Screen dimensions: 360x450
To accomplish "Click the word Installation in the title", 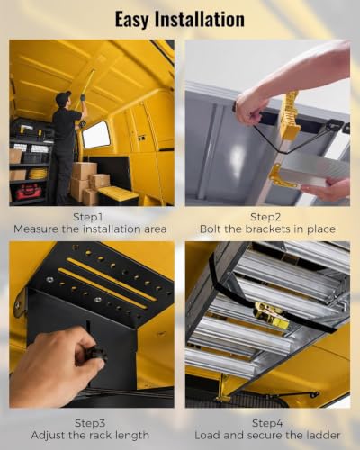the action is pyautogui.click(x=199, y=19).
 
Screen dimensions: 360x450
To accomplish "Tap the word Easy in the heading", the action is pyautogui.click(x=132, y=21).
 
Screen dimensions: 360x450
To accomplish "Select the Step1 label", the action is pyautogui.click(x=90, y=217).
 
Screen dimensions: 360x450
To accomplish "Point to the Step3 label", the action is pyautogui.click(x=90, y=423).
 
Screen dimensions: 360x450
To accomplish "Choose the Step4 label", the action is pyautogui.click(x=267, y=423).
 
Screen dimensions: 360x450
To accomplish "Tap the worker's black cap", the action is pyautogui.click(x=63, y=96).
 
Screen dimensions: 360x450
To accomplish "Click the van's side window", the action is pyautogui.click(x=96, y=135).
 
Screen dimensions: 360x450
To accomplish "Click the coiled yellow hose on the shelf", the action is pyautogui.click(x=38, y=174).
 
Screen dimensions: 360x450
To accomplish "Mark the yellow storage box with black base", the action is pyautogui.click(x=118, y=195).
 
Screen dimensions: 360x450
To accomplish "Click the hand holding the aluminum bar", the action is pyautogui.click(x=326, y=190).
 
